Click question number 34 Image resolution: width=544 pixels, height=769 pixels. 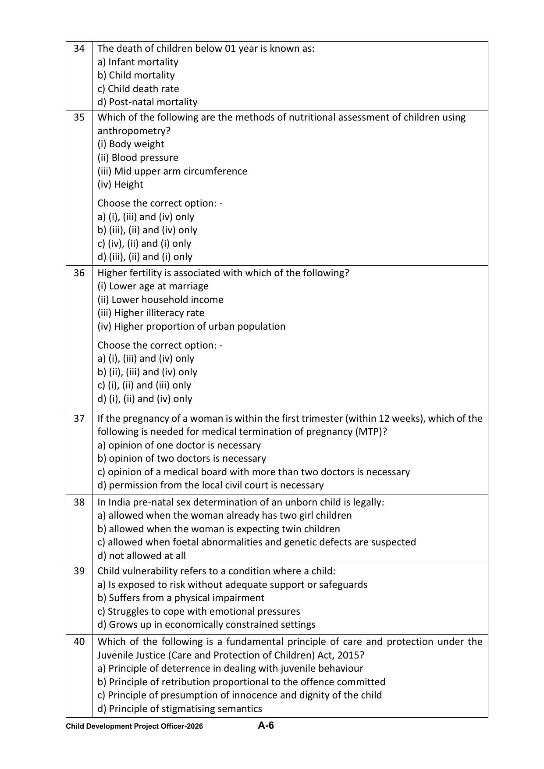tap(79, 48)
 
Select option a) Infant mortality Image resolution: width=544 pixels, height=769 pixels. tap(138, 62)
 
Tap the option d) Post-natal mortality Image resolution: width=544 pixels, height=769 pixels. tap(147, 102)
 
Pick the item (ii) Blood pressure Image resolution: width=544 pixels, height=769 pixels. tap(138, 157)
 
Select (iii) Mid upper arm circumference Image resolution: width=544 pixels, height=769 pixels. tap(172, 171)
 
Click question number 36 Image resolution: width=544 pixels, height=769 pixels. tap(79, 273)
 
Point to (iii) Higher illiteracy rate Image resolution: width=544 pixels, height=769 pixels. tap(150, 313)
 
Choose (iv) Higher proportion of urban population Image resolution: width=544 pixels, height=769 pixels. tap(191, 326)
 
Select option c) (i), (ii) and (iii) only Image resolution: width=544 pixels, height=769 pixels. tap(144, 385)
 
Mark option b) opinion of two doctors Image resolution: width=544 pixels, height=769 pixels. tap(181, 458)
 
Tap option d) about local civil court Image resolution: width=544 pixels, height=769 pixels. tap(210, 485)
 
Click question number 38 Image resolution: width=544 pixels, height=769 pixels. tap(79, 502)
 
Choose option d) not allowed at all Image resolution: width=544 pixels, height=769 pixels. tap(142, 555)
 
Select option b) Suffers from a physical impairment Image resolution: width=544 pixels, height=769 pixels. tap(181, 598)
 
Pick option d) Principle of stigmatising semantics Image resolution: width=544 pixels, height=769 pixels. tap(179, 708)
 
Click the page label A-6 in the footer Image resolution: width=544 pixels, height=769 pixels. tap(266, 726)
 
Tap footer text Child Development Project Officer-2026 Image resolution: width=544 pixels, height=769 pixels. tap(134, 726)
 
